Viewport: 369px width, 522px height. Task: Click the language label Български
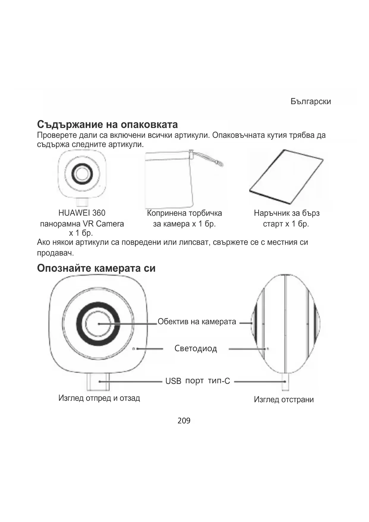pos(310,101)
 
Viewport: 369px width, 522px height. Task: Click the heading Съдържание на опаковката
pos(107,124)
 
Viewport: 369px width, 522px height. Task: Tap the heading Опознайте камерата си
pos(96,268)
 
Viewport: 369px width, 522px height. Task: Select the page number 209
pos(184,421)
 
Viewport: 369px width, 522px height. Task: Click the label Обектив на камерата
pos(197,322)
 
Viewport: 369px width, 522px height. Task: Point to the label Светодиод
pos(196,348)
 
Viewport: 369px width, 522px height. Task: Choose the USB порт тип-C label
pos(197,381)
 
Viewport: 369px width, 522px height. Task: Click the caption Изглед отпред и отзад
pos(99,398)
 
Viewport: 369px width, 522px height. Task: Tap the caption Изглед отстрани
pos(284,399)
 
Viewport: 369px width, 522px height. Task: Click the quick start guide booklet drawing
pos(286,177)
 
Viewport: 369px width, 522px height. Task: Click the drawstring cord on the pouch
pos(208,159)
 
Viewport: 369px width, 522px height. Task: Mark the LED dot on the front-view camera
pos(134,348)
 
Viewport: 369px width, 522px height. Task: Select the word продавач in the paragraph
pos(55,253)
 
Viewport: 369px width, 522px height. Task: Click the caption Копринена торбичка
pos(184,213)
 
